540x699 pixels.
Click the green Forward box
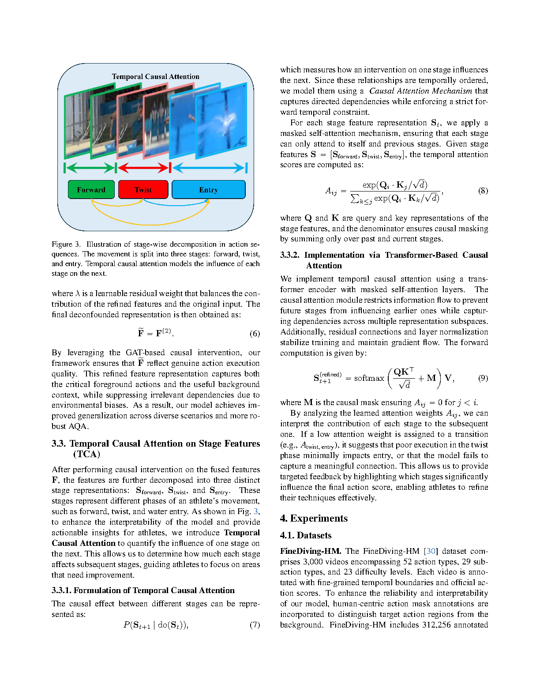pos(91,190)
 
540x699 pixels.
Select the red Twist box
pos(143,190)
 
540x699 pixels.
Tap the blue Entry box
pos(208,190)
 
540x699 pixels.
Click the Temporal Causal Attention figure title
pos(155,77)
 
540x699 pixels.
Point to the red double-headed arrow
pos(143,168)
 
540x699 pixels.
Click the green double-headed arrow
pos(90,168)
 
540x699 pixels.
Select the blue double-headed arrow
pos(209,168)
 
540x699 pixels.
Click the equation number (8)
pos(483,191)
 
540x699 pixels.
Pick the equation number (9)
pos(483,378)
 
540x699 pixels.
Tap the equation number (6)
pos(255,334)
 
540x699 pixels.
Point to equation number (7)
pos(255,625)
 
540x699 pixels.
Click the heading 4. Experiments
pos(314,518)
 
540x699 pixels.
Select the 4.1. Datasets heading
pos(305,535)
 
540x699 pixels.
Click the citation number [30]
pos(431,551)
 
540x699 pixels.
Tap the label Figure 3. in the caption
pos(66,244)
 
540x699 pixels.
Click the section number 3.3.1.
pos(61,590)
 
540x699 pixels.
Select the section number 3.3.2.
pos(290,255)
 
